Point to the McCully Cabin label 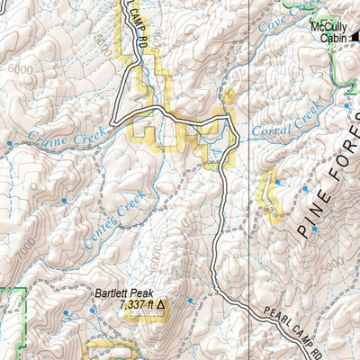(329, 32)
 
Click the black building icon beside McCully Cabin (355, 36)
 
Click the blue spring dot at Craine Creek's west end (9, 143)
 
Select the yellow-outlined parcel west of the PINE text (268, 193)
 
